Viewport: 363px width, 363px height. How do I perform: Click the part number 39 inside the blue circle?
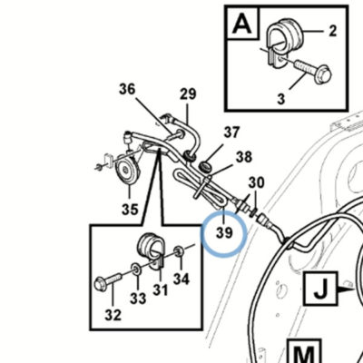[x=224, y=233]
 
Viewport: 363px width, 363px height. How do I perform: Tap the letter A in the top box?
[x=242, y=24]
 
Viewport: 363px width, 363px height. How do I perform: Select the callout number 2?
[x=332, y=31]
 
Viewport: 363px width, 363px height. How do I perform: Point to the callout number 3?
[x=281, y=99]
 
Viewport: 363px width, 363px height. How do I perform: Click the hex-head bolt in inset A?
[x=313, y=70]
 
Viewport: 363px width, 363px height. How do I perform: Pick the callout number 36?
[x=127, y=90]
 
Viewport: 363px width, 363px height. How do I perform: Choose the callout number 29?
[x=188, y=94]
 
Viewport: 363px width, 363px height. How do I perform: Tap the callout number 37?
[x=231, y=132]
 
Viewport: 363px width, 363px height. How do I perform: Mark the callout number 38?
[x=244, y=157]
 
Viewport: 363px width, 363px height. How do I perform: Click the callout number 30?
[x=256, y=182]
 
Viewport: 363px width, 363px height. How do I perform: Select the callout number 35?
[x=130, y=209]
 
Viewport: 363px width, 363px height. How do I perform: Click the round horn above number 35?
[x=127, y=171]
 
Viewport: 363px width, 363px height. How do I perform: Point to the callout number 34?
[x=181, y=279]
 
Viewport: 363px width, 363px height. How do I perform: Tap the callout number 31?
[x=160, y=290]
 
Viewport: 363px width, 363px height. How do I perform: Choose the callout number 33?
[x=138, y=299]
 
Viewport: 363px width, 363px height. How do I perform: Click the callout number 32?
[x=113, y=315]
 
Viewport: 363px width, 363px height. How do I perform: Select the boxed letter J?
[x=321, y=289]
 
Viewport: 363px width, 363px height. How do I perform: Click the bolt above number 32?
[x=108, y=281]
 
